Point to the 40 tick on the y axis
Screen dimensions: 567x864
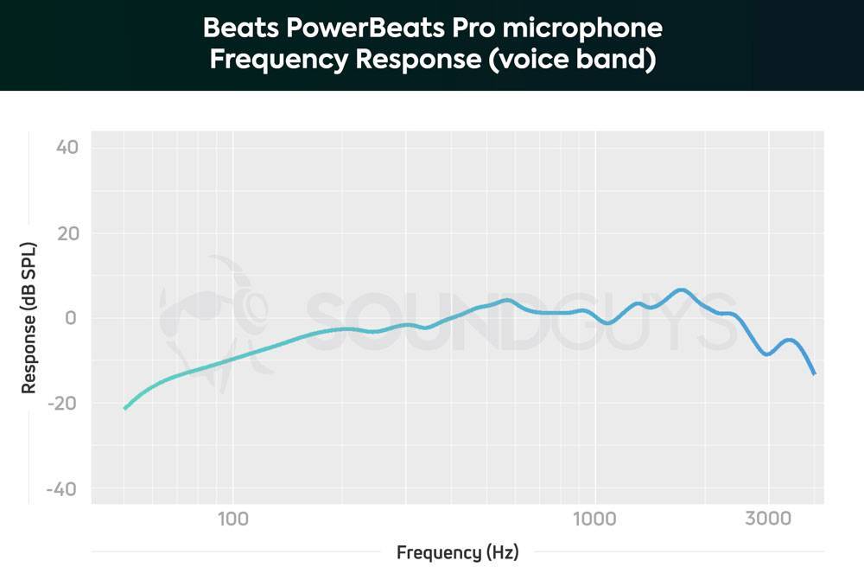[67, 147]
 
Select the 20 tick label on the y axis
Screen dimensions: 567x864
[67, 233]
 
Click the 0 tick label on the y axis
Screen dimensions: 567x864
[73, 318]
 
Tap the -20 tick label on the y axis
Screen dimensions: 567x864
[63, 404]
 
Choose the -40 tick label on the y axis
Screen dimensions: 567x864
[63, 489]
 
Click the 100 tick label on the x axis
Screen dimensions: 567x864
[232, 519]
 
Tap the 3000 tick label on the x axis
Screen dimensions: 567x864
[767, 519]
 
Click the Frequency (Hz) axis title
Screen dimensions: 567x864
[458, 551]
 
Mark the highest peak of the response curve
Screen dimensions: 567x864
[682, 290]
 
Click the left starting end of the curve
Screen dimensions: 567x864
[124, 408]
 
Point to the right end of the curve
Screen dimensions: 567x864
[814, 373]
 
